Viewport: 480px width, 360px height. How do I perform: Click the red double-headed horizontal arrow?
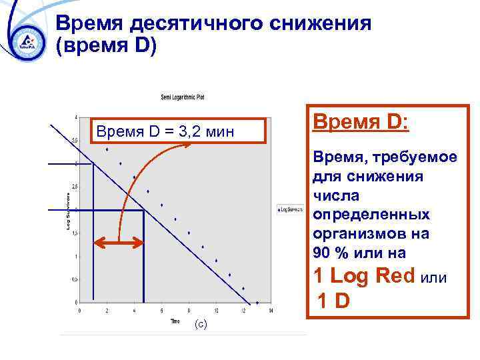click(x=119, y=243)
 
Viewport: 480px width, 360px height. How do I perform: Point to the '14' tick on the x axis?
click(x=270, y=310)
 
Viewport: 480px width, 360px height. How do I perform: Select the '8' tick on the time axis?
click(x=189, y=310)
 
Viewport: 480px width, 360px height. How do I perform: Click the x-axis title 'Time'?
click(x=175, y=321)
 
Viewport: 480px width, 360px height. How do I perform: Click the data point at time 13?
click(x=257, y=302)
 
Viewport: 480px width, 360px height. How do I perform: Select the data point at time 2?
click(x=107, y=149)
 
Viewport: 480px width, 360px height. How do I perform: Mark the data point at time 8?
click(x=189, y=233)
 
